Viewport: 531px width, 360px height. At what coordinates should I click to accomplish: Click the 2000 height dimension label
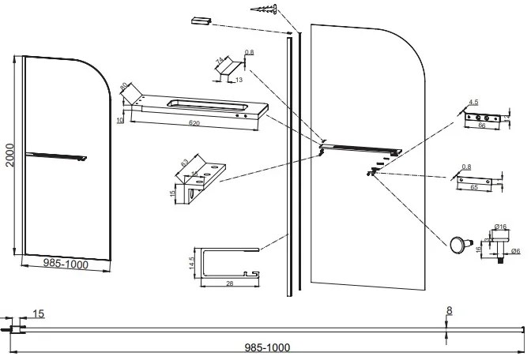pyautogui.click(x=7, y=155)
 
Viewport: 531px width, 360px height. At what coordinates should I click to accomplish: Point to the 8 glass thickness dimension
pyautogui.click(x=449, y=310)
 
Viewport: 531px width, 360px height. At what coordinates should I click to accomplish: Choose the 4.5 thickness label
pyautogui.click(x=473, y=103)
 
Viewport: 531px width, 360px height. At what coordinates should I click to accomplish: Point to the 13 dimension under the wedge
pyautogui.click(x=238, y=80)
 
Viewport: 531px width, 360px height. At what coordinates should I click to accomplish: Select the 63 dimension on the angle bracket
pyautogui.click(x=184, y=162)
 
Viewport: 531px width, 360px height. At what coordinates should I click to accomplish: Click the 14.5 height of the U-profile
pyautogui.click(x=194, y=262)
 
